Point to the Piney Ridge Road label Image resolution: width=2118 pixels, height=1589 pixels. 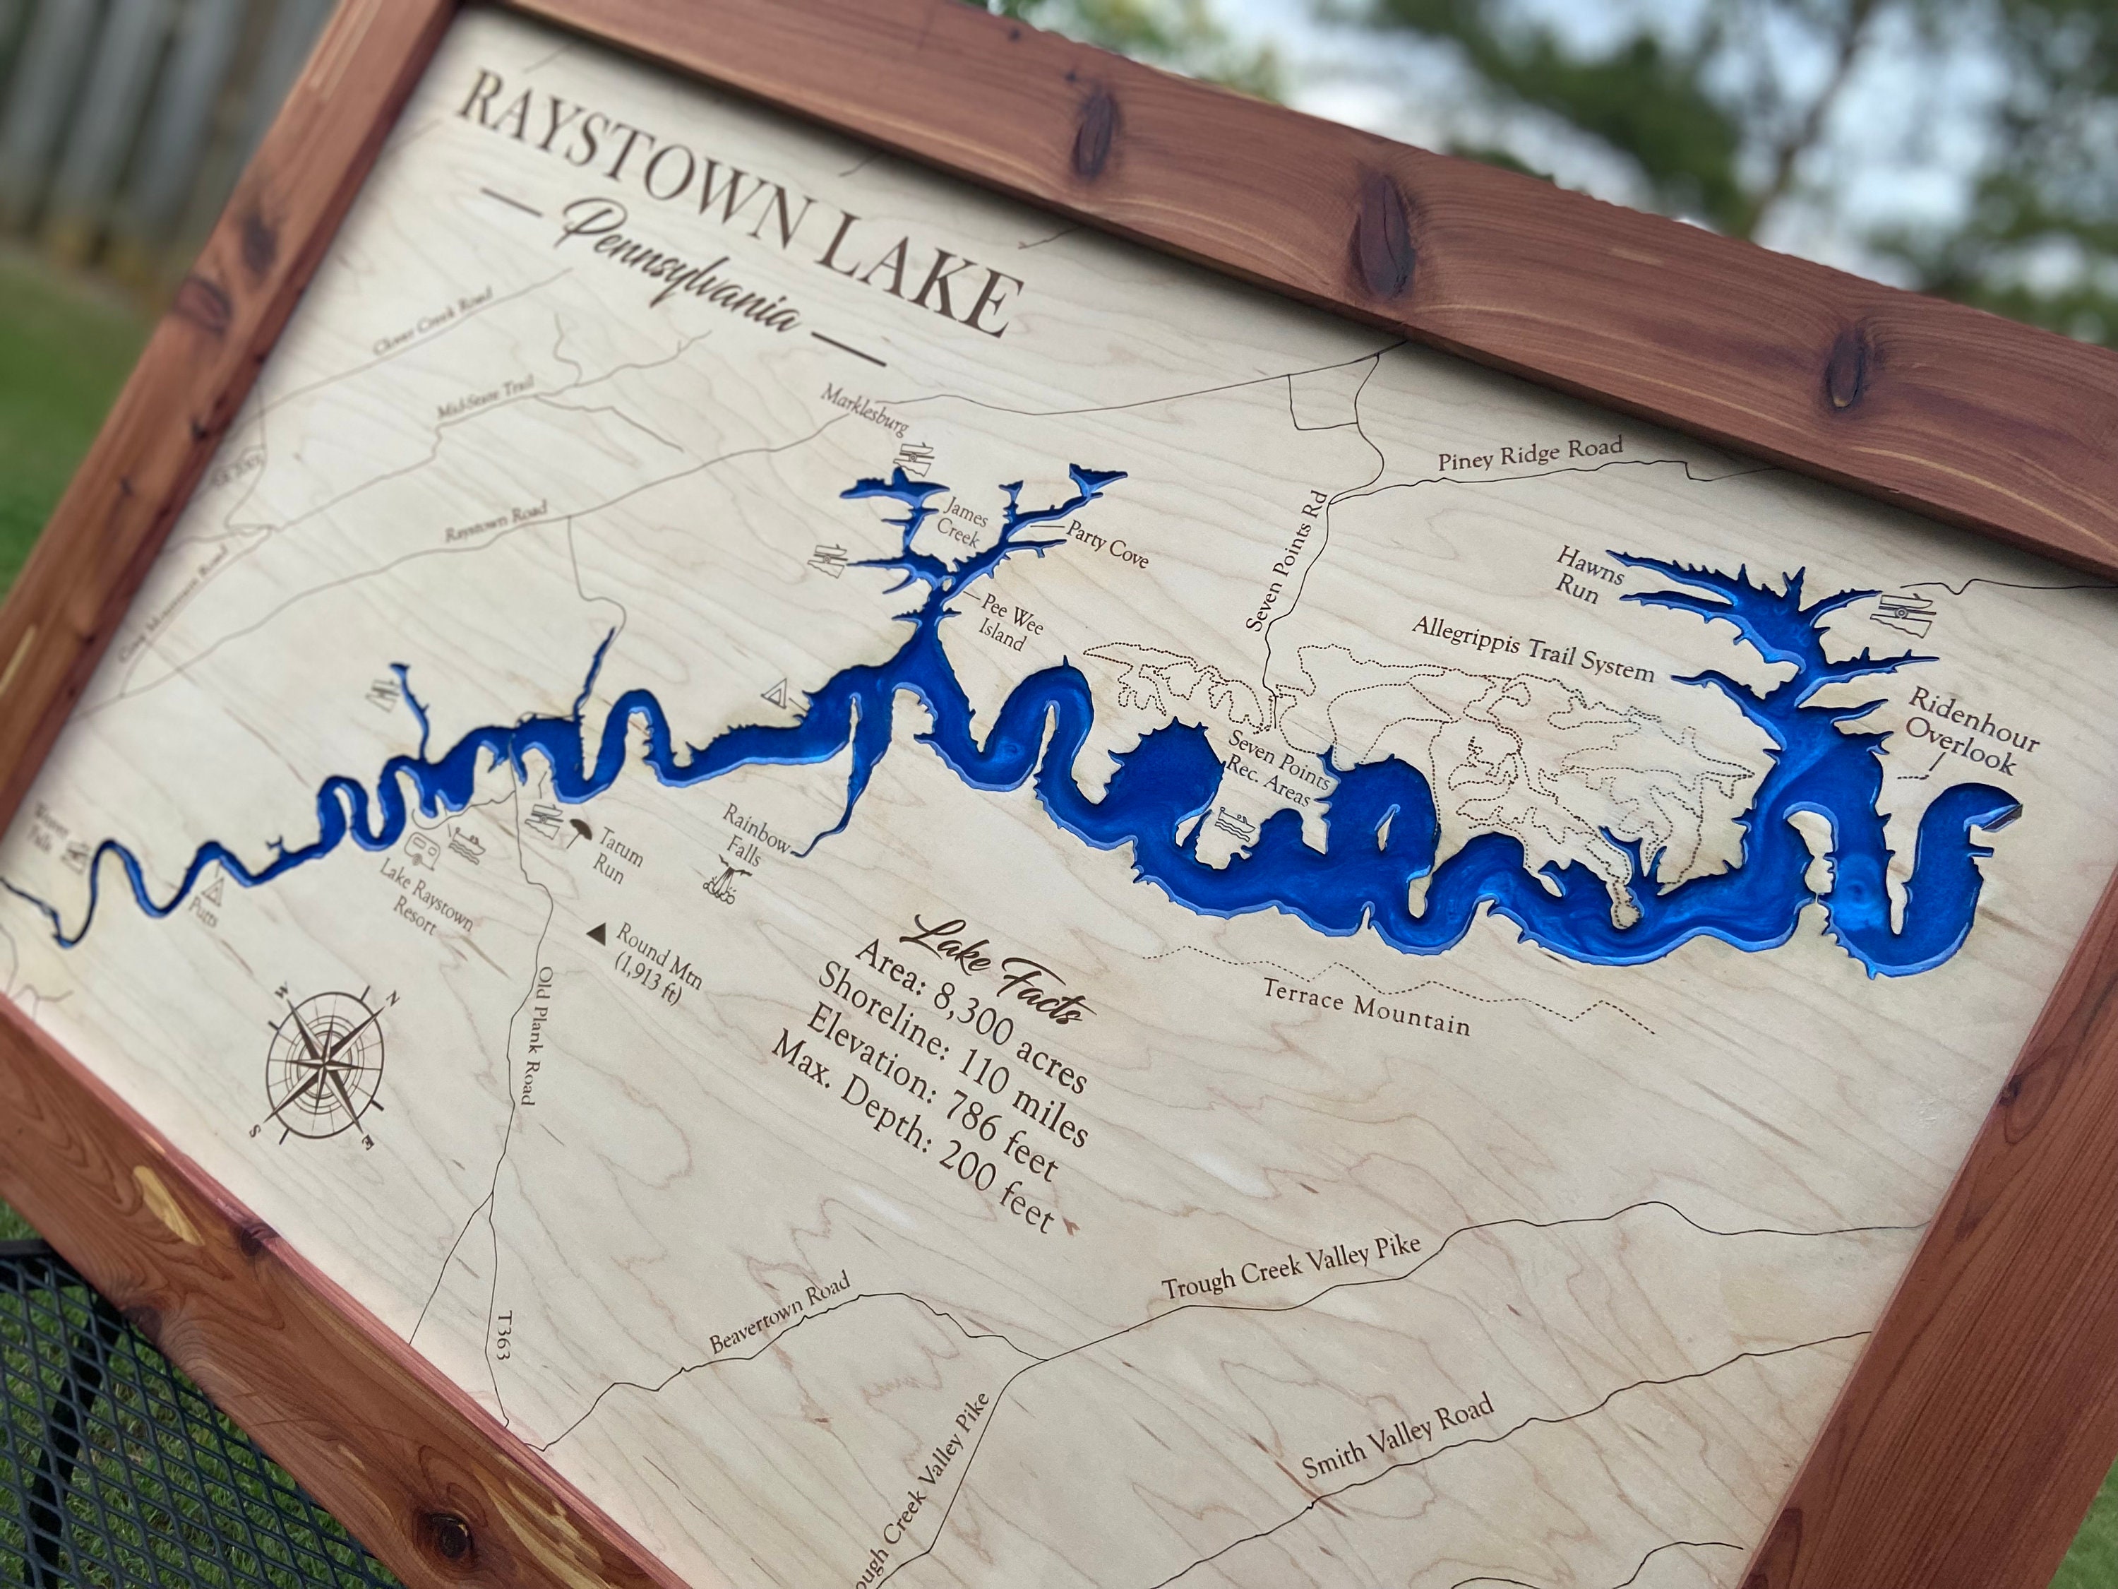[1530, 455]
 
